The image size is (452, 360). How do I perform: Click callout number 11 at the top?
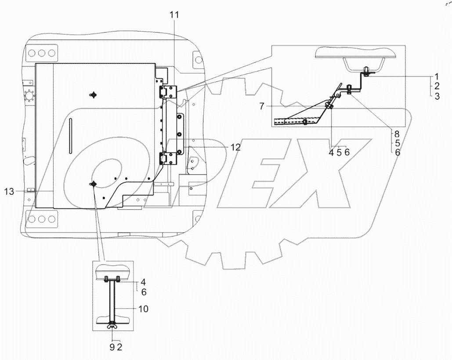coord(174,15)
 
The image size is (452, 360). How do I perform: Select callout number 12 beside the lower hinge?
coord(235,147)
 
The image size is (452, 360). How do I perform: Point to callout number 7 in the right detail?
coord(261,106)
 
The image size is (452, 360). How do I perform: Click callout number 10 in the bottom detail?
coord(143,309)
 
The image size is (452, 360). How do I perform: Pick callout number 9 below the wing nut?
coord(112,347)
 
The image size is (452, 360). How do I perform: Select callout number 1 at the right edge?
coord(437,76)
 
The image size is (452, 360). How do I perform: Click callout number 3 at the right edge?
coord(437,96)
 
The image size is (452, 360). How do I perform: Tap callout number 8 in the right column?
coord(397,134)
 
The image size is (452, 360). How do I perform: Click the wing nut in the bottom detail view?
coord(112,326)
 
